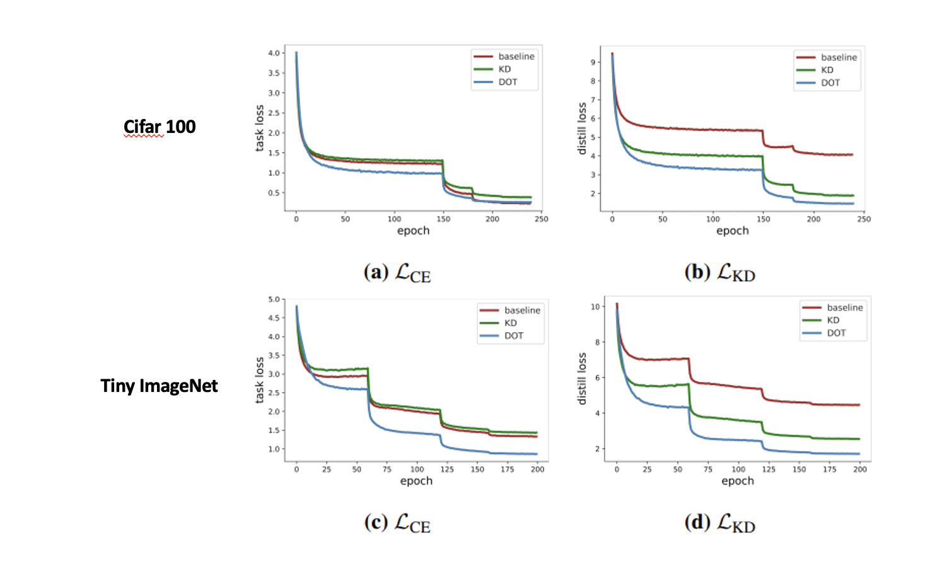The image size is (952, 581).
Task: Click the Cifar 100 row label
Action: pos(160,127)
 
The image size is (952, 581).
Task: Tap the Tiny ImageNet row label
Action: pos(159,386)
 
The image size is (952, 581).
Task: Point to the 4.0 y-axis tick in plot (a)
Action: pos(274,53)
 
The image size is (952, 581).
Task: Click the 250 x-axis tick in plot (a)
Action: pos(541,219)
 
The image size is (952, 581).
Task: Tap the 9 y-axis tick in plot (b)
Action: pos(593,62)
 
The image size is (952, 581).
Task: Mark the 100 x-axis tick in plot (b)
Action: pos(713,219)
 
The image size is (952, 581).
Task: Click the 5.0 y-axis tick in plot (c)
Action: pos(274,299)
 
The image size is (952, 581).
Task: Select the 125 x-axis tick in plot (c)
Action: pos(447,469)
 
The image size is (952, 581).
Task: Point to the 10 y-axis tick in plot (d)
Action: pos(595,307)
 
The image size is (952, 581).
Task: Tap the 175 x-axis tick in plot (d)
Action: pos(830,469)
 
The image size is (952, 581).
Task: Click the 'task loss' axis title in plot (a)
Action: pos(259,128)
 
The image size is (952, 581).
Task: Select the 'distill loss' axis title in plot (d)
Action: pos(581,378)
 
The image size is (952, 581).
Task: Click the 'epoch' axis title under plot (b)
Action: pos(732,231)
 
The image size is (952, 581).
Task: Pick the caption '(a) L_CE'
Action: pos(397,273)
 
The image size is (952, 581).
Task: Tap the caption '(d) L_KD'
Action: pos(719,523)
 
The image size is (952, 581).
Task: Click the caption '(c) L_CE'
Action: pos(397,523)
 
